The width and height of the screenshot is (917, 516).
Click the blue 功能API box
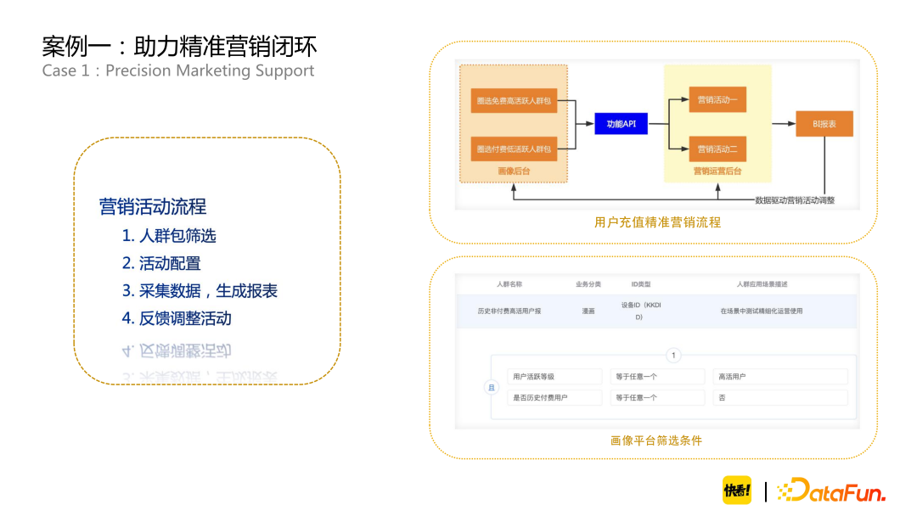tap(621, 124)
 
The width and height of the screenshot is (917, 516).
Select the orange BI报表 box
tap(824, 124)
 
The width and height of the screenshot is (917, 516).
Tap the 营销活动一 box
tap(717, 100)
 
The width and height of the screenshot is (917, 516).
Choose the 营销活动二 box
tap(717, 149)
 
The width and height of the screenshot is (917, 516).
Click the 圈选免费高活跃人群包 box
tap(514, 100)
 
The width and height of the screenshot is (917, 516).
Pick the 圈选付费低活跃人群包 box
tap(514, 149)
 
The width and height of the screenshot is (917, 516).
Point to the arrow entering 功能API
tap(586, 124)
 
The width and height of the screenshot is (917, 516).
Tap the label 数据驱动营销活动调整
tap(795, 200)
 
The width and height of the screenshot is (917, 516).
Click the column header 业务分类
tap(588, 284)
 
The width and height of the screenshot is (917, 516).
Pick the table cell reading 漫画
tap(588, 311)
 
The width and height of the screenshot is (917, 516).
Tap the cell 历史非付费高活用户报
tap(509, 311)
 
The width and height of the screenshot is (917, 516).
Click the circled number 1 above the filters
tap(673, 356)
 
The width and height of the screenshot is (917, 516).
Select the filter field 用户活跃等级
tap(554, 376)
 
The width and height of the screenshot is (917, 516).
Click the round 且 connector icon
tap(490, 387)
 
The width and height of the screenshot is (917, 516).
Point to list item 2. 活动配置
tap(161, 263)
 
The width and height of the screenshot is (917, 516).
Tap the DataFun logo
tap(831, 490)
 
